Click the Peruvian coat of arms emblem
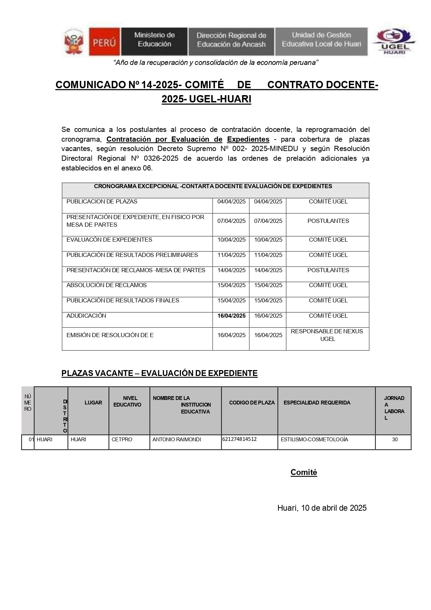(74, 42)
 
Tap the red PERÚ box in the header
(104, 42)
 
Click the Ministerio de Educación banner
(154, 40)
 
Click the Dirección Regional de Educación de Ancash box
(231, 40)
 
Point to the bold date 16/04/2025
(231, 316)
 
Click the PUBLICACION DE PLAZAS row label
(102, 202)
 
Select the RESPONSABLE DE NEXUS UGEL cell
(327, 335)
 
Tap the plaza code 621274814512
(239, 439)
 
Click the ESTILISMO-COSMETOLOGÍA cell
(314, 440)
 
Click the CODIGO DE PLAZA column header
(252, 403)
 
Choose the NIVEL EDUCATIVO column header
(128, 402)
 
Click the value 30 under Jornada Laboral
(395, 440)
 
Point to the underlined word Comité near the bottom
(303, 473)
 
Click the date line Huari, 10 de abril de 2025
(322, 508)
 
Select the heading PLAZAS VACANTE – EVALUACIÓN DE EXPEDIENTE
(159, 374)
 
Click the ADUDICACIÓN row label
(86, 316)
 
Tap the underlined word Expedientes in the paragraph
(248, 140)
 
